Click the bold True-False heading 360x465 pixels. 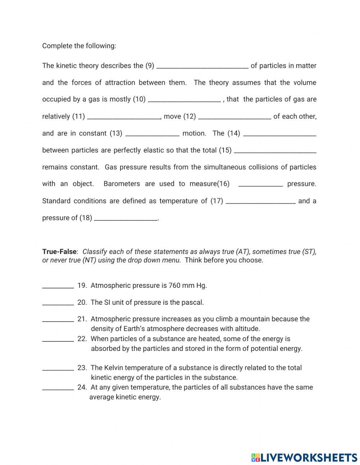point(59,251)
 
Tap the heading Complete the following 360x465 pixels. point(79,46)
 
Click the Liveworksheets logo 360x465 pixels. point(304,457)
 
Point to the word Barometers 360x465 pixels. point(122,184)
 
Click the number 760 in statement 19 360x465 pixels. point(174,285)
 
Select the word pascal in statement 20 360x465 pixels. point(193,302)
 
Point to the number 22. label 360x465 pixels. point(82,339)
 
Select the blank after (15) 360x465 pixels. point(275,150)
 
